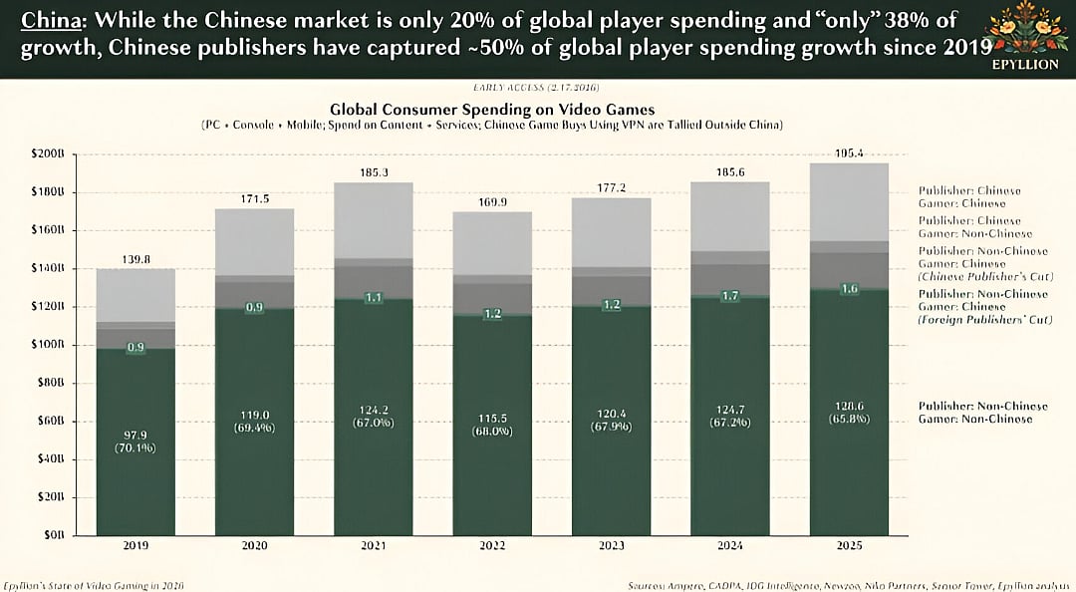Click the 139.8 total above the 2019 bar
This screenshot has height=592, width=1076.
coord(135,259)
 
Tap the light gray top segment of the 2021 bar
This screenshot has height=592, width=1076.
coord(373,219)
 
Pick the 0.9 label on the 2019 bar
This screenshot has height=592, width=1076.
coord(135,347)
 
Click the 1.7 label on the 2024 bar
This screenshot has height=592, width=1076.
coord(729,296)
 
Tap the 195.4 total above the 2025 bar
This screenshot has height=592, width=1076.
coord(848,153)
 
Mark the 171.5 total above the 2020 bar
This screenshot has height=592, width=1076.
coord(254,199)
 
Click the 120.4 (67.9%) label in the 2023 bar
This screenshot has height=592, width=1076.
coord(610,419)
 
